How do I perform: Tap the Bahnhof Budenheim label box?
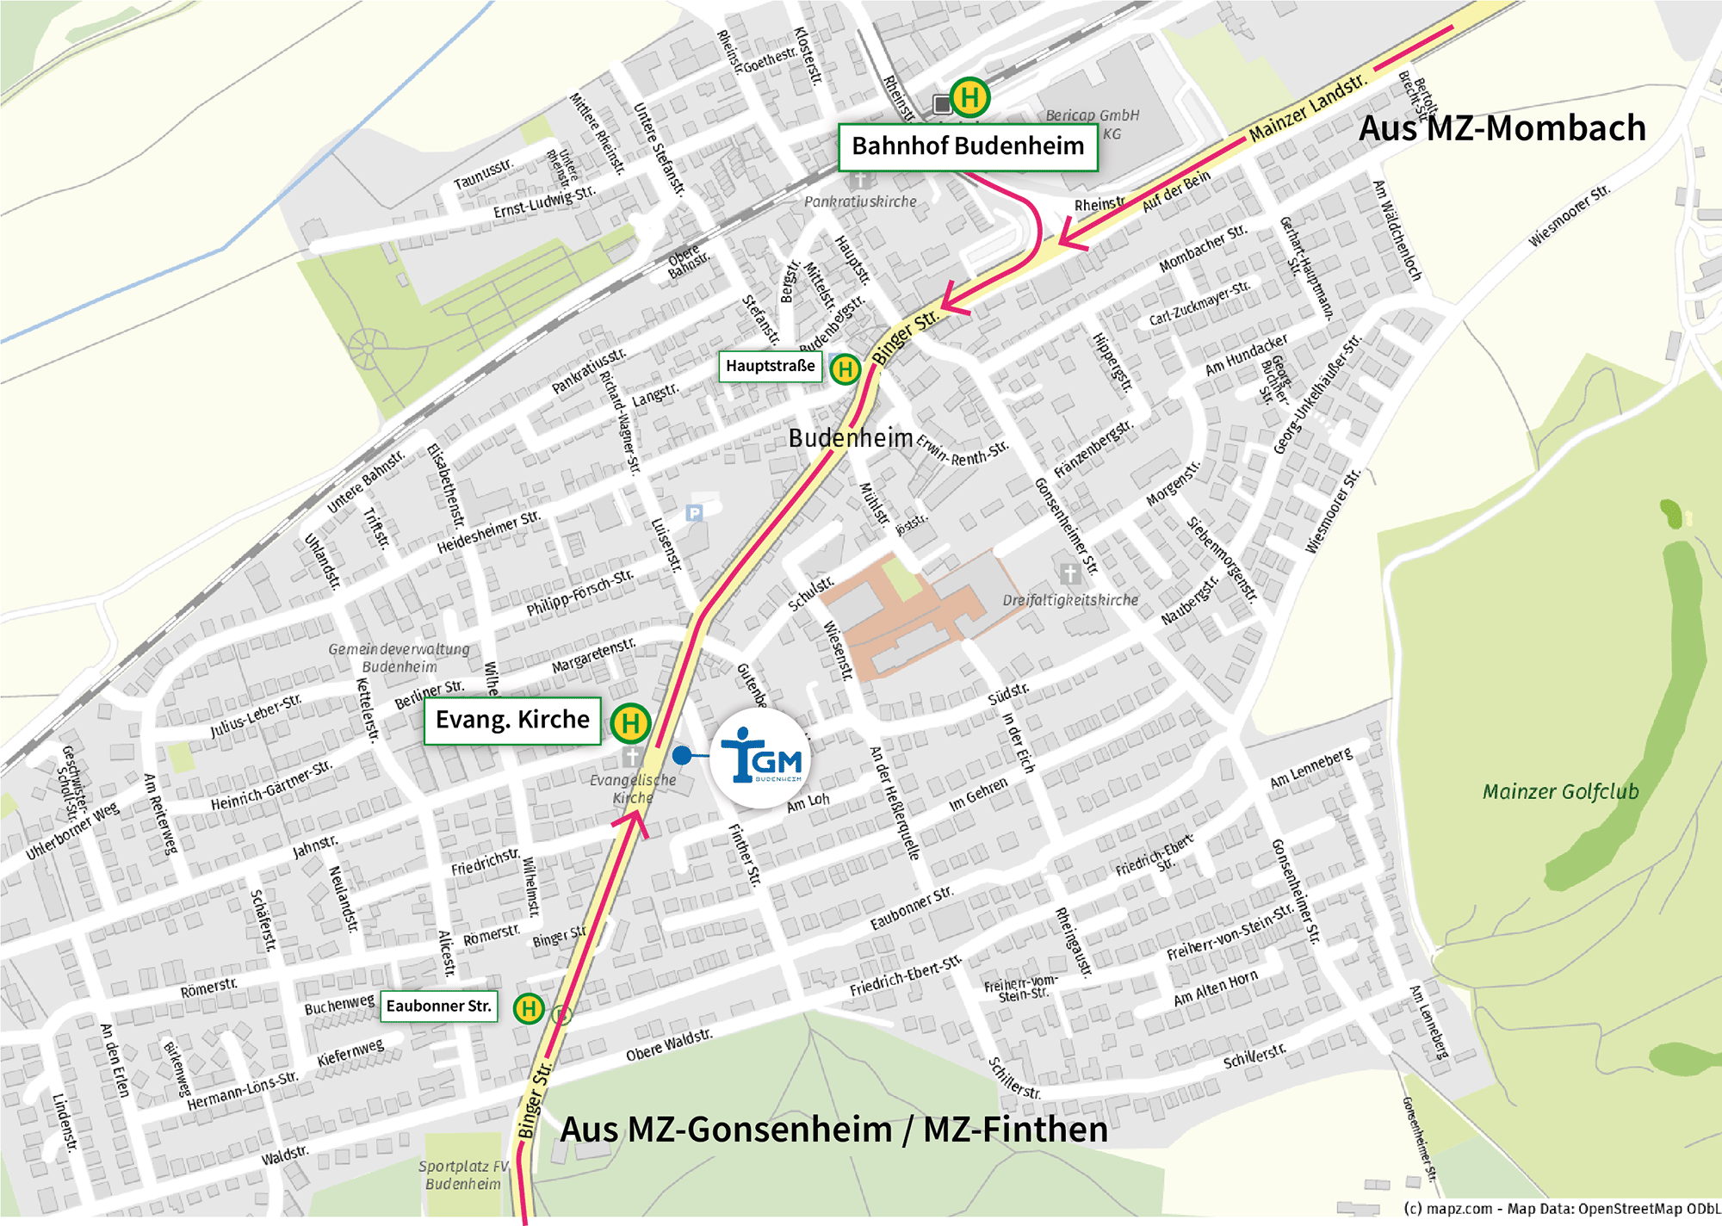coord(968,146)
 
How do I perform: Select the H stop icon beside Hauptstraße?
coord(846,369)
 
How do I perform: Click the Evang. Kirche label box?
coord(512,721)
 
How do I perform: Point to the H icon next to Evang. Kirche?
coord(630,723)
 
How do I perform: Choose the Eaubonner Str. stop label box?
coord(438,1006)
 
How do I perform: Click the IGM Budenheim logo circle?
coord(760,759)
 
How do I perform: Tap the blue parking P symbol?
coord(694,513)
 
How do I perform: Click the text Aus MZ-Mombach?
coord(1502,129)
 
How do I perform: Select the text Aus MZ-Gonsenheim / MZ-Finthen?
coord(833,1130)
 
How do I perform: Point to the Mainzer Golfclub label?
coord(1560,792)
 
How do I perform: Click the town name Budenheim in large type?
coord(851,438)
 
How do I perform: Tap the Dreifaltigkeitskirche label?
coord(1070,600)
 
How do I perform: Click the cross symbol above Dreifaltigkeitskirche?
coord(1070,573)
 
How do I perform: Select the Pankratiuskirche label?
coord(860,201)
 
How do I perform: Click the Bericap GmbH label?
coord(1092,115)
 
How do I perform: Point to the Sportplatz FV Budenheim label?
coord(463,1175)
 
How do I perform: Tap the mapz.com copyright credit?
coord(1560,1209)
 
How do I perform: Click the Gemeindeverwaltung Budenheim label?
coord(400,658)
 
